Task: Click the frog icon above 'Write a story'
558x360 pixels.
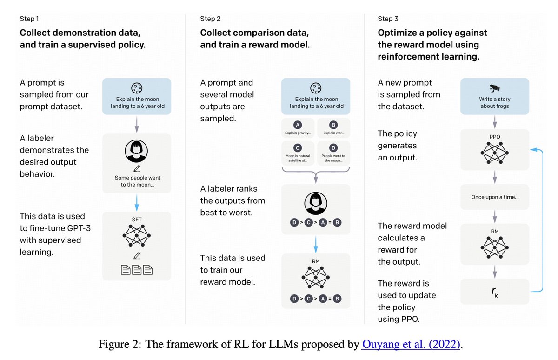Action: point(494,88)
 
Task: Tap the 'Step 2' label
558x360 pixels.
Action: point(210,19)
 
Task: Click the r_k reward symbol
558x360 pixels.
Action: point(495,292)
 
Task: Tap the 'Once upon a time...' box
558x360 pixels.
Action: point(495,197)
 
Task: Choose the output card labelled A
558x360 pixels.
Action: point(297,128)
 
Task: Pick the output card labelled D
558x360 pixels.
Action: point(333,153)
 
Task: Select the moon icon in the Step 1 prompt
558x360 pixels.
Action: point(137,87)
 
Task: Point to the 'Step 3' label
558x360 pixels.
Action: point(388,19)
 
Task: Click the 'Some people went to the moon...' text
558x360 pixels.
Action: point(137,181)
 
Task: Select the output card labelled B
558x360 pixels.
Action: point(333,128)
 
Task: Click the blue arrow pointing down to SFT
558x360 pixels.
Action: point(137,202)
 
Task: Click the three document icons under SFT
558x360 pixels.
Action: point(137,269)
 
